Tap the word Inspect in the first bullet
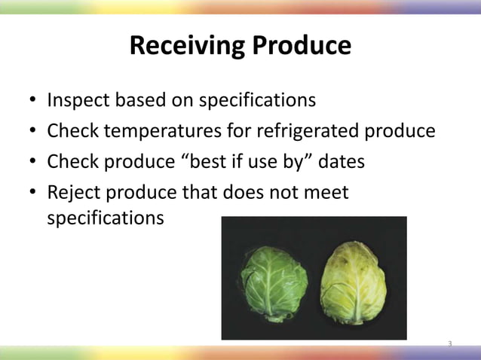pos(75,101)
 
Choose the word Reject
pos(71,193)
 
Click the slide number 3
pos(449,344)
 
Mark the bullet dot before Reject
pos(33,194)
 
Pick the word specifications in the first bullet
pos(253,101)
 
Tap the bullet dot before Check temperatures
pos(33,133)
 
